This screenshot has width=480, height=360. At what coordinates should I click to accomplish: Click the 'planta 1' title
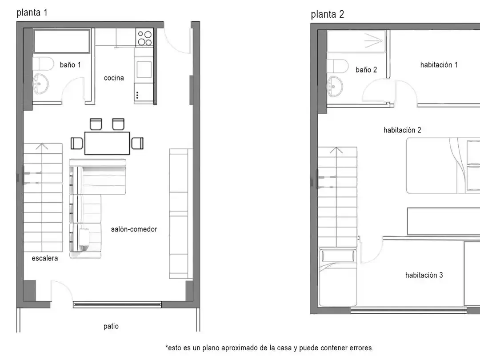click(32, 12)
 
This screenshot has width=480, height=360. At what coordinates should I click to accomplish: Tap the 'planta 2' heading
click(327, 14)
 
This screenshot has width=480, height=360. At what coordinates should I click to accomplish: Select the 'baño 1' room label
click(70, 64)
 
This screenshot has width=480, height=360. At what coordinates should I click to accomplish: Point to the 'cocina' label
click(114, 78)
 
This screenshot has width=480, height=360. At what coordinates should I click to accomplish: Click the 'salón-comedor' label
click(134, 229)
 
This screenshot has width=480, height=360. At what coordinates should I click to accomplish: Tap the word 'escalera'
click(45, 258)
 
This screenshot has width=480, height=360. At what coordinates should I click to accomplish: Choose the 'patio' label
click(111, 326)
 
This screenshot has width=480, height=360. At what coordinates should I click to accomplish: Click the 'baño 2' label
click(366, 70)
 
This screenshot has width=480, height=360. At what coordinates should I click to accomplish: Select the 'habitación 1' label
click(439, 64)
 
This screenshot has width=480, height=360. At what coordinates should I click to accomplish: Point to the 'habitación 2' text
click(402, 130)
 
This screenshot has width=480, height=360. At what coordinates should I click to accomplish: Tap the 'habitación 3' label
click(424, 275)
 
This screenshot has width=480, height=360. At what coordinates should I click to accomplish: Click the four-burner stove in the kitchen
click(144, 38)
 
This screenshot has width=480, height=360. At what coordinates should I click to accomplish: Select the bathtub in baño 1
click(62, 41)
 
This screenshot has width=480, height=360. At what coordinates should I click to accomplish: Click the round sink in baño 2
click(335, 86)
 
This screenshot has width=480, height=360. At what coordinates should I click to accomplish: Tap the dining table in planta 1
click(107, 143)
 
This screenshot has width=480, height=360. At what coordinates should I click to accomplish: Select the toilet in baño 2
click(338, 66)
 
